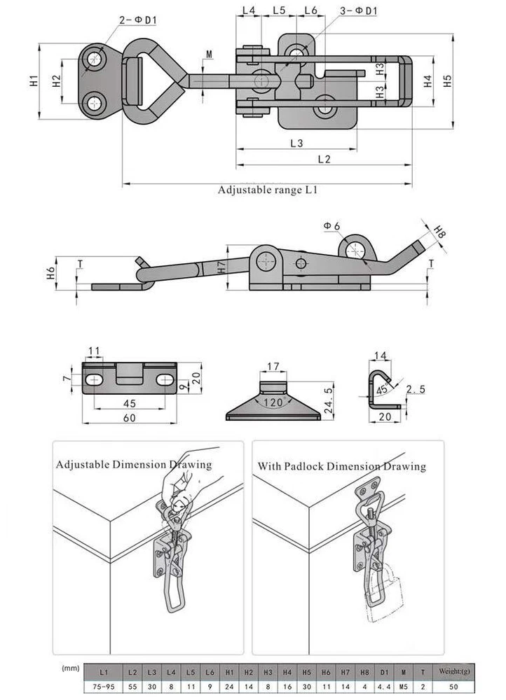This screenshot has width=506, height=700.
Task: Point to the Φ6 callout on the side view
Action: point(331,225)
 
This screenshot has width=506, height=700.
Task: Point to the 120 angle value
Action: point(273,402)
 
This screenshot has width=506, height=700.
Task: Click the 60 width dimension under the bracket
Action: point(129,418)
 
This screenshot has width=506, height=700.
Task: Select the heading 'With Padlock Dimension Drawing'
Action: point(341,466)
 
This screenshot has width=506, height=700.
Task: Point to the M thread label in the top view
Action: point(209,55)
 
